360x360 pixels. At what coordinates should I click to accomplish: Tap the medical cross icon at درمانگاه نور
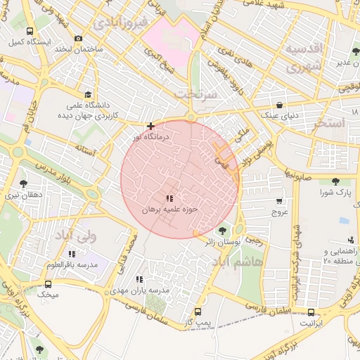pyautogui.click(x=150, y=126)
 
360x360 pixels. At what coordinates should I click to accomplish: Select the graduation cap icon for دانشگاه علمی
pyautogui.click(x=88, y=94)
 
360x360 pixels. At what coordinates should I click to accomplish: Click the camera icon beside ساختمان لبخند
pyautogui.click(x=78, y=38)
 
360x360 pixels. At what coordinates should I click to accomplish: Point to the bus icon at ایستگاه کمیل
pyautogui.click(x=30, y=32)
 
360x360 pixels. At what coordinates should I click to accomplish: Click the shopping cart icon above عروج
pyautogui.click(x=279, y=200)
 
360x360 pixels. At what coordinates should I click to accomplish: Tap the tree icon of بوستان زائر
pyautogui.click(x=223, y=230)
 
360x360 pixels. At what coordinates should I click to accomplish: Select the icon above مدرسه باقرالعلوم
pyautogui.click(x=71, y=254)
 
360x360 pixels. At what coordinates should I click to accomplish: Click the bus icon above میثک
pyautogui.click(x=49, y=285)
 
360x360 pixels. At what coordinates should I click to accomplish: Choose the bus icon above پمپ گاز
pyautogui.click(x=198, y=311)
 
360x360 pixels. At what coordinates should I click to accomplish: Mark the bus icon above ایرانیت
pyautogui.click(x=311, y=312)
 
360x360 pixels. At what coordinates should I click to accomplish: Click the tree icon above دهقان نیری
pyautogui.click(x=23, y=183)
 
